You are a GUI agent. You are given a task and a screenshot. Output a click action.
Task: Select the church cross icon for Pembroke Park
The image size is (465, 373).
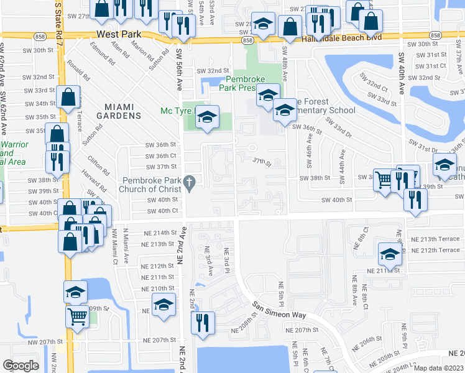click(191, 182)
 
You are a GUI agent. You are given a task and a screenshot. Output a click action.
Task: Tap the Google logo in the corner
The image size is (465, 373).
click(21, 365)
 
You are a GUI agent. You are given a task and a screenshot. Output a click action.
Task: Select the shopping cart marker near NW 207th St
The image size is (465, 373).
click(78, 316)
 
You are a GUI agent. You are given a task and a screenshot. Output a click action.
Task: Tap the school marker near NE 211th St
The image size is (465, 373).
click(390, 253)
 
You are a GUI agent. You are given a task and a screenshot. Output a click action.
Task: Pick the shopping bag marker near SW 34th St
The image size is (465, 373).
click(68, 96)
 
